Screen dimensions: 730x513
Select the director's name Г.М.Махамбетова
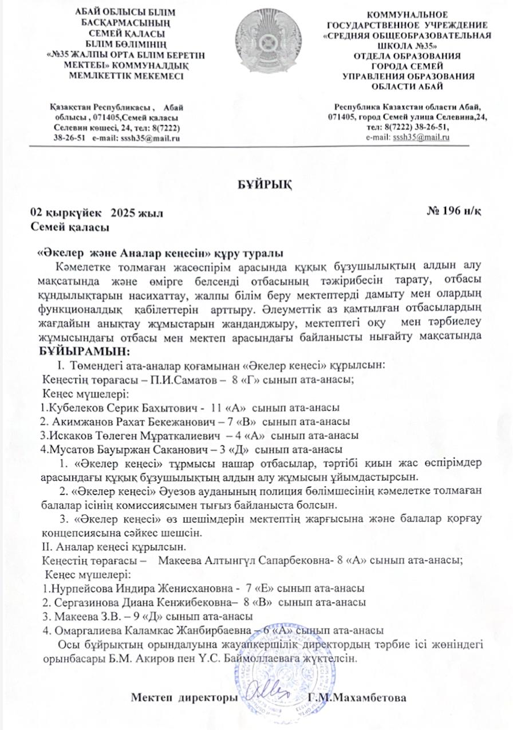click(357, 698)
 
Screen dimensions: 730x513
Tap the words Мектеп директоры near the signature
click(184, 698)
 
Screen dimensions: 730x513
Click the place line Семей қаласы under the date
click(70, 227)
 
